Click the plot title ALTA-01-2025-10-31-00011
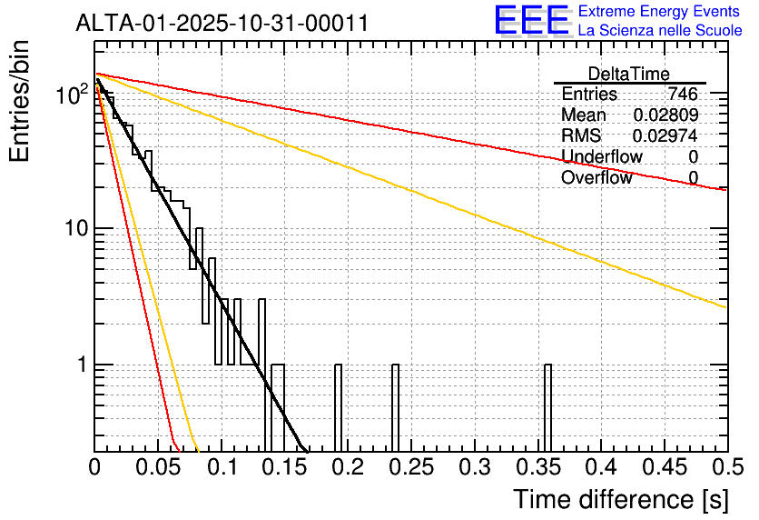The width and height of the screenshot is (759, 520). pyautogui.click(x=222, y=24)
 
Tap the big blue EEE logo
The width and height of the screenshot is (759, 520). pyautogui.click(x=532, y=20)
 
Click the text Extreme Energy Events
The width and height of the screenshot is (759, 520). pyautogui.click(x=659, y=11)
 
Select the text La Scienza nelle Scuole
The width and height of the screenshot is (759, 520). pyautogui.click(x=660, y=30)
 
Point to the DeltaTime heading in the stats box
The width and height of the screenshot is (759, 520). pyautogui.click(x=629, y=74)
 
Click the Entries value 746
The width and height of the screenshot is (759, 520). pyautogui.click(x=683, y=94)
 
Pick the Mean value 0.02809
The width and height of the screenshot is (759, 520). pyautogui.click(x=665, y=115)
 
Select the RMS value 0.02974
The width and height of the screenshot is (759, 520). pyautogui.click(x=665, y=135)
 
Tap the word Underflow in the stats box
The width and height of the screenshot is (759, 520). pyautogui.click(x=602, y=156)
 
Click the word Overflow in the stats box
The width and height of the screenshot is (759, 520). pyautogui.click(x=596, y=177)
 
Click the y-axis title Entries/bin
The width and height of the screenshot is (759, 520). pyautogui.click(x=19, y=101)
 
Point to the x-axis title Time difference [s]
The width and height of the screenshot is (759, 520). pyautogui.click(x=621, y=499)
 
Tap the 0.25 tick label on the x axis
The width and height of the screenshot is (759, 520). pyautogui.click(x=412, y=467)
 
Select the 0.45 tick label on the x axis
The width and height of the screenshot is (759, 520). pyautogui.click(x=665, y=467)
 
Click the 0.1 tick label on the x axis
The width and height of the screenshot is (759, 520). pyautogui.click(x=222, y=467)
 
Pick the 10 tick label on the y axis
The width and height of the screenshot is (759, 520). pyautogui.click(x=76, y=228)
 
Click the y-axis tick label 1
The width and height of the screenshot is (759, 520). pyautogui.click(x=82, y=365)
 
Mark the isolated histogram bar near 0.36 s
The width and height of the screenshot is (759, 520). pyautogui.click(x=547, y=408)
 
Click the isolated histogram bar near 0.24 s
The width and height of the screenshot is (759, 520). pyautogui.click(x=395, y=408)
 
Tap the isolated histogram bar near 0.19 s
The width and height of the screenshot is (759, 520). pyautogui.click(x=338, y=408)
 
